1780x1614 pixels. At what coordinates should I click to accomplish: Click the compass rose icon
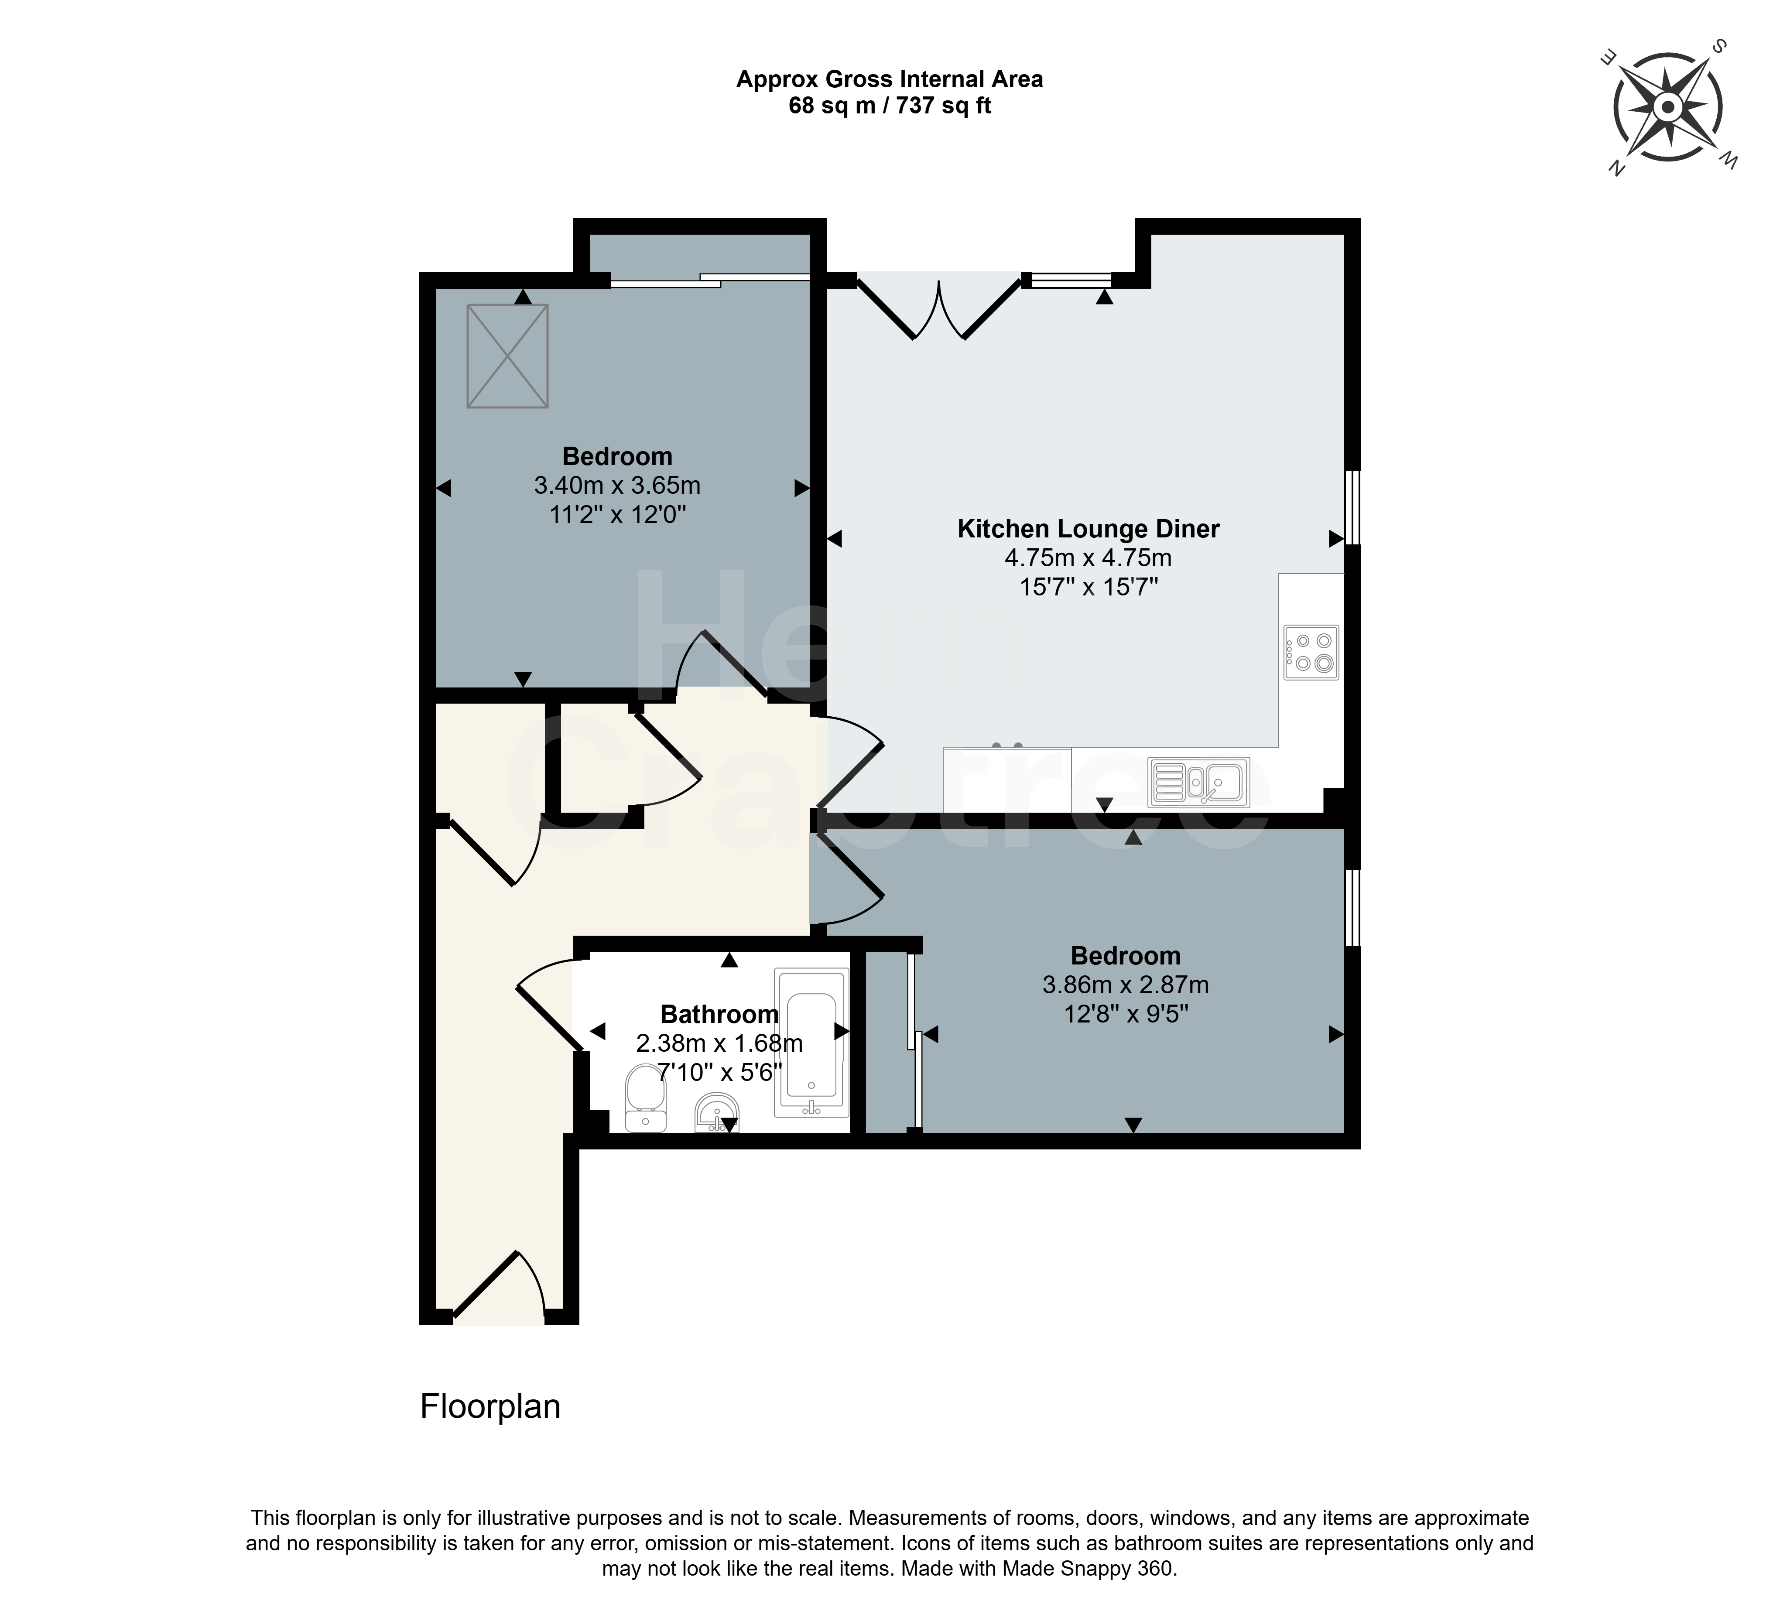click(1668, 108)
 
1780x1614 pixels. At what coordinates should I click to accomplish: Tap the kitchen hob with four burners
click(1311, 653)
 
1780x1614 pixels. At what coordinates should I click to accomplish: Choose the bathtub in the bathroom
click(811, 1043)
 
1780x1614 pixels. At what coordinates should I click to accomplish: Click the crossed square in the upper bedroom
click(508, 356)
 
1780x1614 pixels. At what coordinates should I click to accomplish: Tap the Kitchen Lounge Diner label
click(1089, 529)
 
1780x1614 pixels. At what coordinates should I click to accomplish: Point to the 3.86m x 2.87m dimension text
click(1126, 985)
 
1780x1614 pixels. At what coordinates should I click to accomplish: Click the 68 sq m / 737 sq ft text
click(890, 106)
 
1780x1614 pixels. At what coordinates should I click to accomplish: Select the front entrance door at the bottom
click(499, 1287)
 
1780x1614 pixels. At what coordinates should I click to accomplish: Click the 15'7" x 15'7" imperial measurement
click(1089, 587)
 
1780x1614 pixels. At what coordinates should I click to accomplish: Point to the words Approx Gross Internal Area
click(890, 79)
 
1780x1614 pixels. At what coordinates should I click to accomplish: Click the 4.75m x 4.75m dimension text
click(1089, 558)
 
